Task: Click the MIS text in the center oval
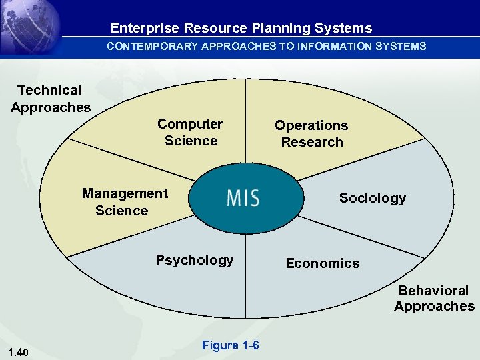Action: pos(242,198)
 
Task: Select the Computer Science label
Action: pos(191,132)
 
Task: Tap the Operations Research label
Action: pos(311,133)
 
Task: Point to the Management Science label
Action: pos(124,202)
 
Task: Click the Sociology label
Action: pos(372,198)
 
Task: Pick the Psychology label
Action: pos(195,260)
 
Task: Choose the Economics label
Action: pos(322,263)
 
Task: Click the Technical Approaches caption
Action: pos(51,99)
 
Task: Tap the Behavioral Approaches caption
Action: pos(434,299)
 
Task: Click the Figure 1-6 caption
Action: pos(230,345)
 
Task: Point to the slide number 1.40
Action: pos(19,352)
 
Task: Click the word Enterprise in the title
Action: pos(145,28)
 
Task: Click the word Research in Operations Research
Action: pos(312,142)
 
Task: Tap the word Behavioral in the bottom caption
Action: pos(434,291)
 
